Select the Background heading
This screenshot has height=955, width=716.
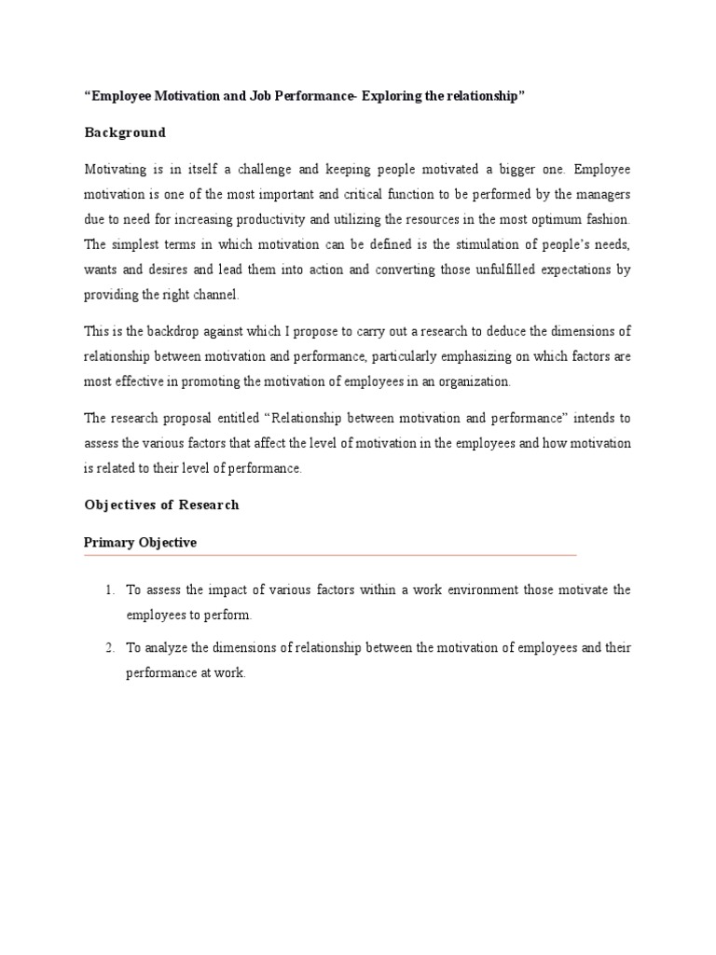click(x=125, y=132)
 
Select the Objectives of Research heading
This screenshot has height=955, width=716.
click(x=161, y=505)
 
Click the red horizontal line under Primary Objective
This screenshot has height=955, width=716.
click(x=330, y=555)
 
